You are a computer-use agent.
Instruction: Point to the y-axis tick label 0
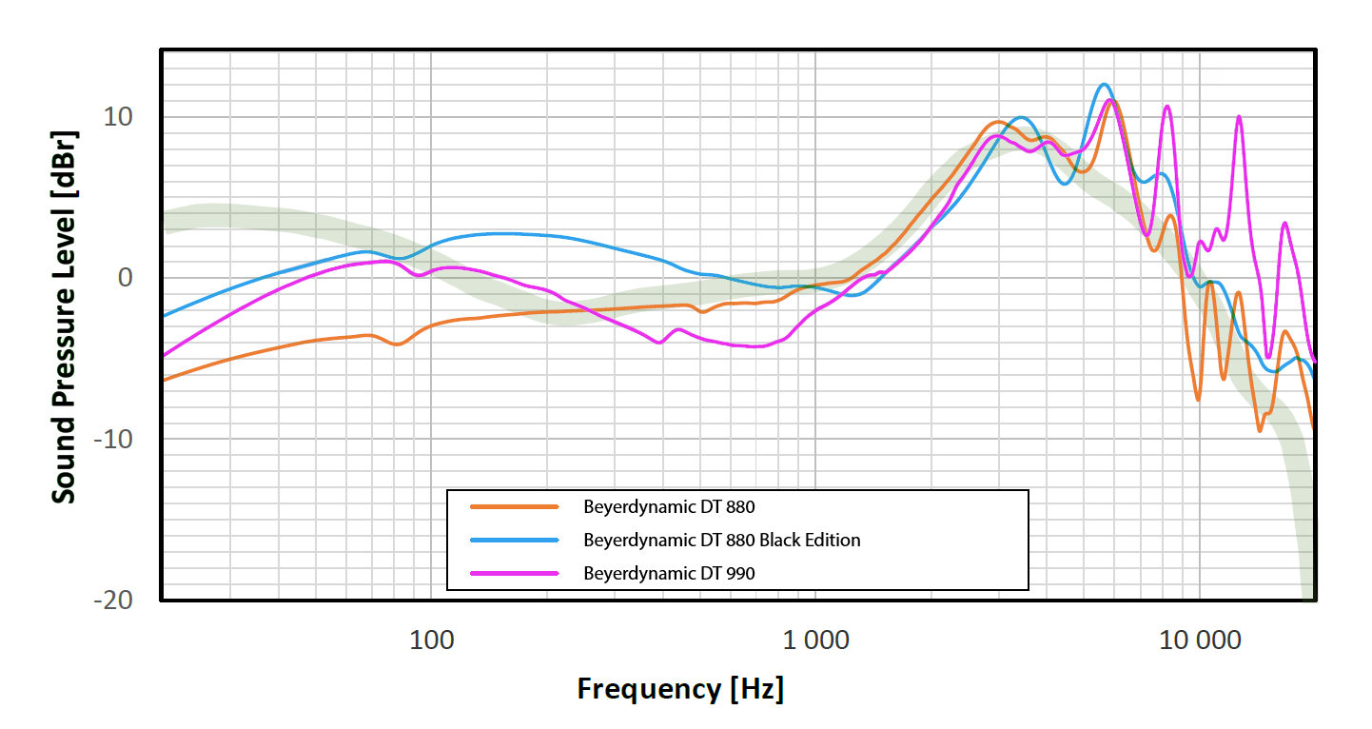point(124,278)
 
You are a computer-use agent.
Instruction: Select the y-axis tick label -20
point(111,601)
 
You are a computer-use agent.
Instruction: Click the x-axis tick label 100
point(431,640)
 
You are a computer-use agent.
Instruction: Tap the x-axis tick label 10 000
point(1199,640)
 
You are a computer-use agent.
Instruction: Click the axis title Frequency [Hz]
point(680,688)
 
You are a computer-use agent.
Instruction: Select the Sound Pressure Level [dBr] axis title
point(64,316)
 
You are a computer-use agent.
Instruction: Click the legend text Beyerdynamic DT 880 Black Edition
point(721,541)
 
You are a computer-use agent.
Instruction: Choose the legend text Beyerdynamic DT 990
point(669,573)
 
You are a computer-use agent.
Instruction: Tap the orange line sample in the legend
point(514,507)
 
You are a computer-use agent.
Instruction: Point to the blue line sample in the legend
point(514,541)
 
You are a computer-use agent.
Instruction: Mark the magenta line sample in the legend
point(514,573)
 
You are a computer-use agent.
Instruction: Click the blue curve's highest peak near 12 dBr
point(1104,85)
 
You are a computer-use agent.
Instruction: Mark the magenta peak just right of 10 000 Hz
point(1239,117)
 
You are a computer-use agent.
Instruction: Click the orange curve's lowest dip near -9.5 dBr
point(1260,430)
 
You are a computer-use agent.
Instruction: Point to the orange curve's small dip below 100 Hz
point(397,344)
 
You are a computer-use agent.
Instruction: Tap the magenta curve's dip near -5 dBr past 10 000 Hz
point(1267,357)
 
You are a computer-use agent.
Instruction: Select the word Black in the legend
point(779,541)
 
